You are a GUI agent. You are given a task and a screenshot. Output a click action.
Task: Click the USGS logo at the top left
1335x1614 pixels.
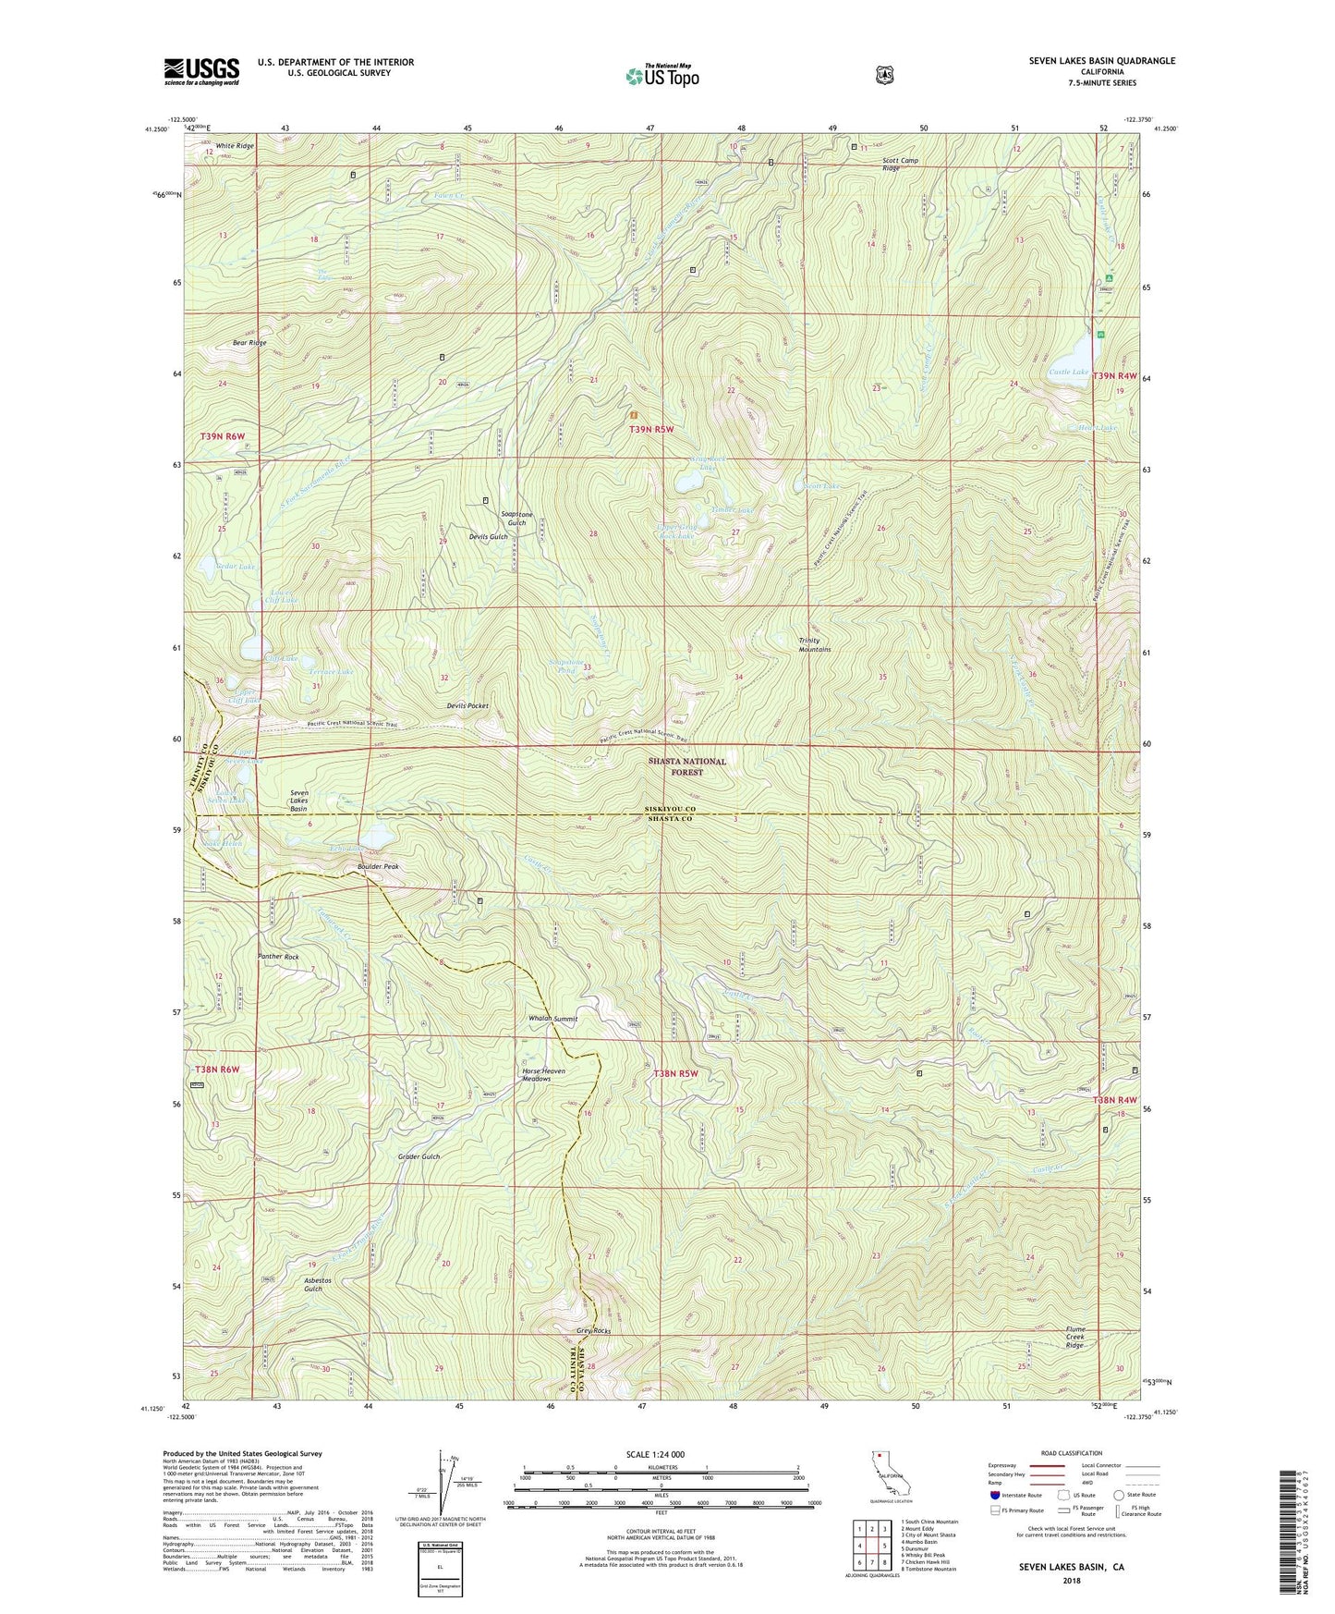[x=201, y=71]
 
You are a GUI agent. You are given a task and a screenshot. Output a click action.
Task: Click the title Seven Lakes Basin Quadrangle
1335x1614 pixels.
[x=1101, y=61]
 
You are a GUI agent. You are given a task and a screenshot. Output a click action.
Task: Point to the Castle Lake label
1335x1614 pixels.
[x=1068, y=372]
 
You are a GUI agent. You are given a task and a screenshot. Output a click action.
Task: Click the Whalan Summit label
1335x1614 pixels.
[x=552, y=1019]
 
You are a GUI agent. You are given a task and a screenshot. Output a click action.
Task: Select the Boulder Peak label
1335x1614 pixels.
[x=379, y=867]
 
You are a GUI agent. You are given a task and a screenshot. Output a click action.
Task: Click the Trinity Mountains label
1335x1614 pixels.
[x=815, y=644]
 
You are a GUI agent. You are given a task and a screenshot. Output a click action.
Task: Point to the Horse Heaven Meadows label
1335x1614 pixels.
[x=543, y=1075]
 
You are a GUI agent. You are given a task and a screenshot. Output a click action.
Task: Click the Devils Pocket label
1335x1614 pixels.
[x=467, y=705]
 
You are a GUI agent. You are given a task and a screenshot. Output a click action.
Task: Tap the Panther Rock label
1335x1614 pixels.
[x=278, y=957]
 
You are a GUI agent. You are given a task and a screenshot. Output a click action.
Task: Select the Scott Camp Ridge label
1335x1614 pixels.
[x=899, y=165]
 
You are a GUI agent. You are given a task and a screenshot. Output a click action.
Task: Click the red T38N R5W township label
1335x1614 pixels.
[x=675, y=1073]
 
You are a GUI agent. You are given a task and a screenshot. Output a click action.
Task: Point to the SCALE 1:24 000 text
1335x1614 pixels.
[x=655, y=1455]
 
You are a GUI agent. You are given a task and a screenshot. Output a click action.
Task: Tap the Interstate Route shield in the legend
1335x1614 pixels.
[x=994, y=1495]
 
